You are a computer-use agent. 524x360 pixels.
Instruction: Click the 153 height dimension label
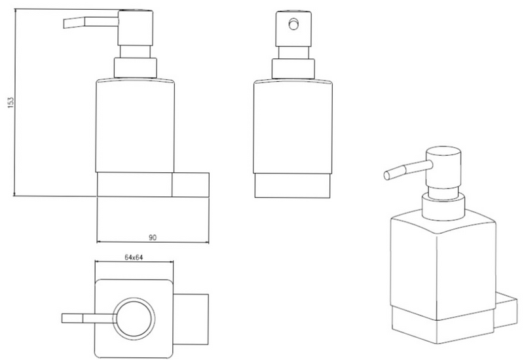[x=11, y=102]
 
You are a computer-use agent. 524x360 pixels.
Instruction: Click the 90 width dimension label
[x=153, y=238]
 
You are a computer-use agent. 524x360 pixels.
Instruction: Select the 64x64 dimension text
[x=134, y=257]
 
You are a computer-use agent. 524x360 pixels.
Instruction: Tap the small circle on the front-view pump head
[x=293, y=24]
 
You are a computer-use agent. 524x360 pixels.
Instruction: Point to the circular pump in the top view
[x=134, y=317]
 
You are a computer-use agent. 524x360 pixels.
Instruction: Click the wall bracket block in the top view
[x=191, y=319]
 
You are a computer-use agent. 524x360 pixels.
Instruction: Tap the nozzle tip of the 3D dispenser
[x=387, y=175]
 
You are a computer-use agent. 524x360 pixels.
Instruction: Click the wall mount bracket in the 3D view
[x=506, y=310]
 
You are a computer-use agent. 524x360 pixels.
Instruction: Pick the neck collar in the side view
[x=136, y=68]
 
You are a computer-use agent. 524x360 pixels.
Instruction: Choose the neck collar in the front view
[x=293, y=69]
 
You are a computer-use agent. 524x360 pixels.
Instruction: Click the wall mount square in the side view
[x=191, y=185]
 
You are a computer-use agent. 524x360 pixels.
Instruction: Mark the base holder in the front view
[x=292, y=186]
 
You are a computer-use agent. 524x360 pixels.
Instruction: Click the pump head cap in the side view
[x=136, y=28]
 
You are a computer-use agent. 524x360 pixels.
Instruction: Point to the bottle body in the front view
[x=293, y=126]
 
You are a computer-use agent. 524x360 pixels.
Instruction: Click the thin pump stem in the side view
[x=136, y=52]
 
